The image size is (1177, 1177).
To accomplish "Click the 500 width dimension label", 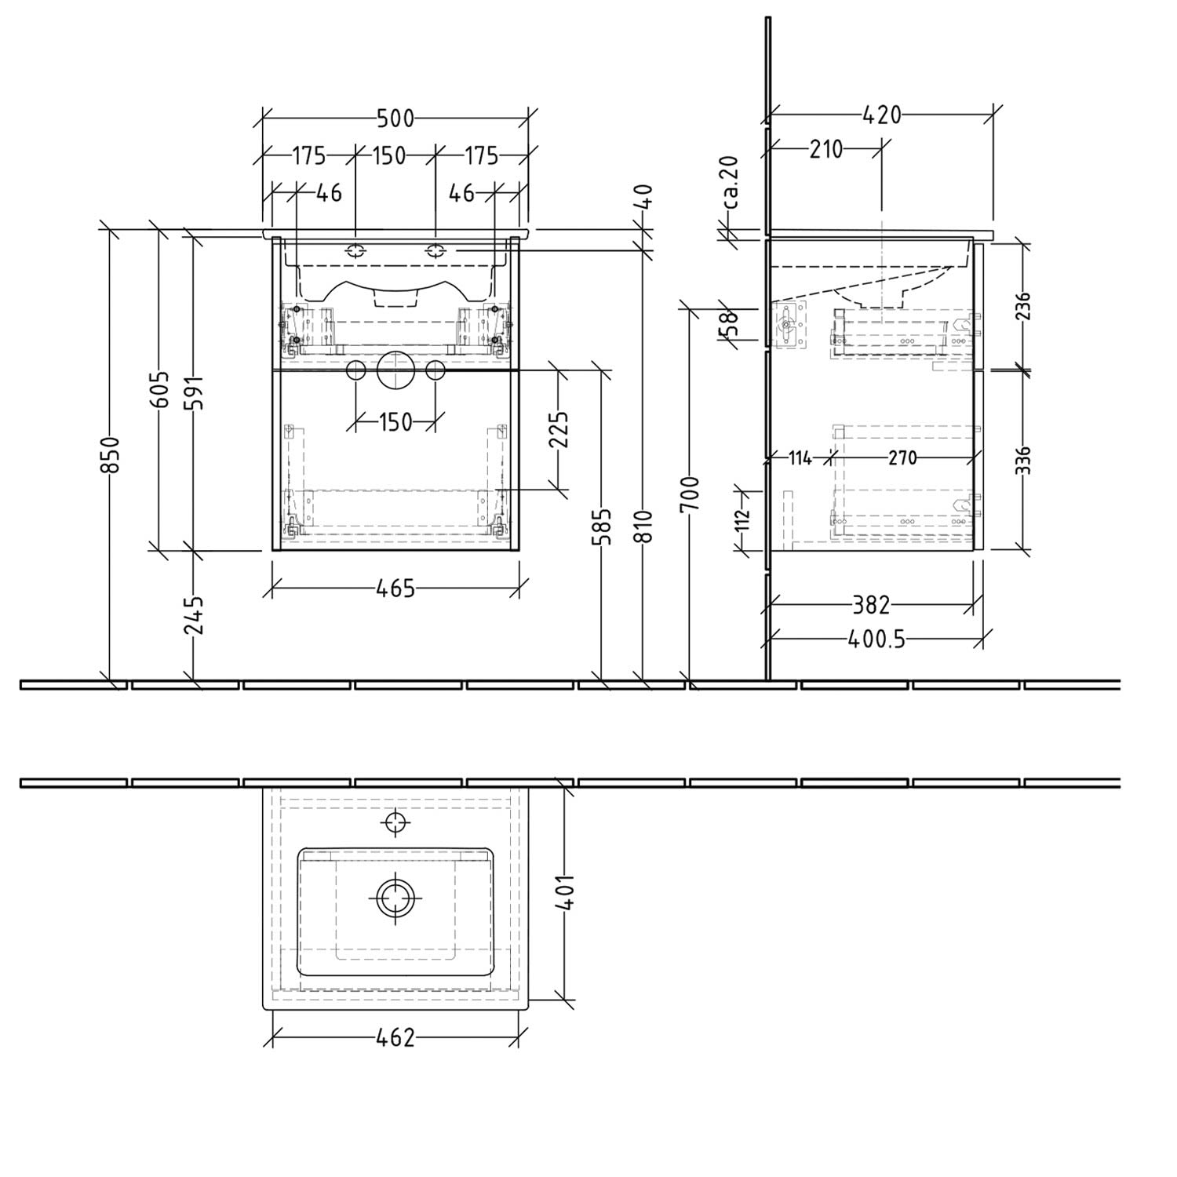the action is [395, 118].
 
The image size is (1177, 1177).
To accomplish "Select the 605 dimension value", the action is [159, 389].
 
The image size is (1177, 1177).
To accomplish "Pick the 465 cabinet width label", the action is [395, 588].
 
